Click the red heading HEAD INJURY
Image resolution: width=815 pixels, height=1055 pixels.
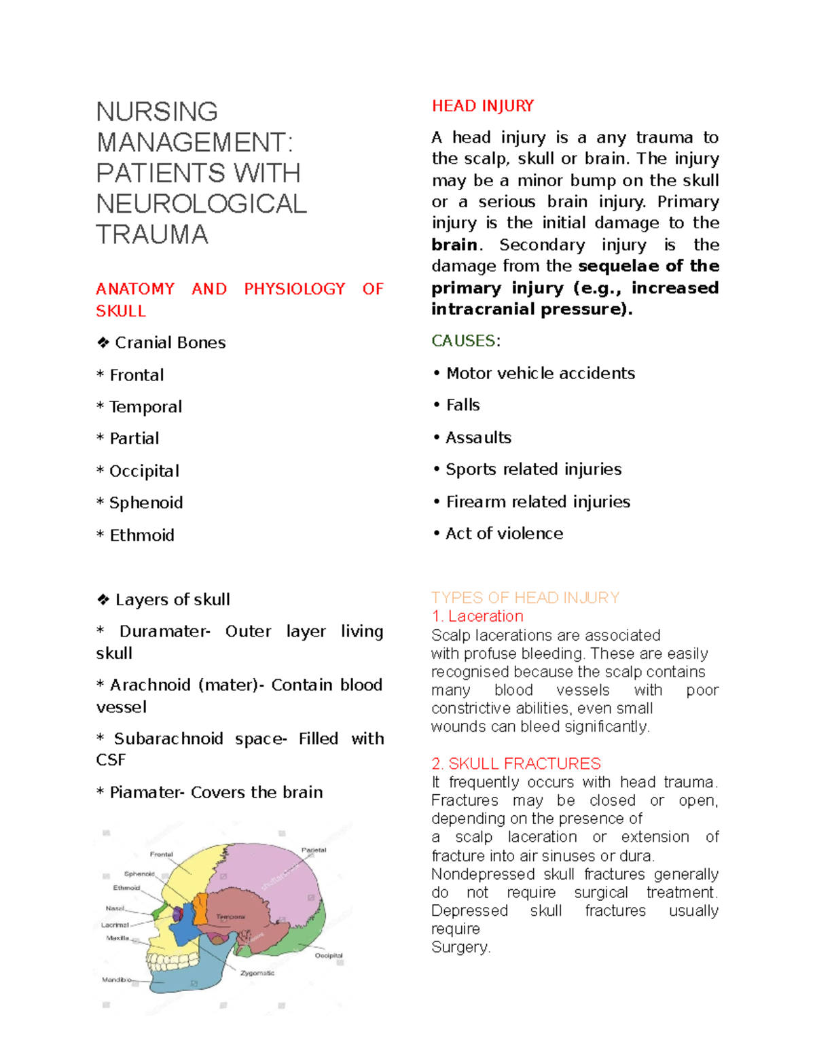(482, 106)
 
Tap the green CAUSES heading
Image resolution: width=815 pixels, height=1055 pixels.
(464, 340)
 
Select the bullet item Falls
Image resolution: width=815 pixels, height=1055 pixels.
(463, 405)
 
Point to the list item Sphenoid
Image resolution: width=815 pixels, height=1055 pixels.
(146, 503)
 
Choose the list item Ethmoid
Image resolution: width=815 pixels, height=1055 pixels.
(142, 535)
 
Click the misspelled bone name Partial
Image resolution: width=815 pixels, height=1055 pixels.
(134, 439)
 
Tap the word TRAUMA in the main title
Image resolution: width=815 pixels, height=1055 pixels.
(152, 234)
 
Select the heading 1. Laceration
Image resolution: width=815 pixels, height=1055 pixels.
(477, 616)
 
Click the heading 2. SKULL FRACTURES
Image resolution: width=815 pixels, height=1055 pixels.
(516, 764)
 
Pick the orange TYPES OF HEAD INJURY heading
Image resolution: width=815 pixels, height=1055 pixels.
(525, 598)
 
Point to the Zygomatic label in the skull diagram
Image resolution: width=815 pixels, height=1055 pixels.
(257, 973)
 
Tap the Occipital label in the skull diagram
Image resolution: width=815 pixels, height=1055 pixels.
(329, 955)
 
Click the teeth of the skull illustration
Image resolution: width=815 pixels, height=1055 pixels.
(173, 962)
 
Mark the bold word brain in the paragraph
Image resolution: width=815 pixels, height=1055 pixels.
(454, 245)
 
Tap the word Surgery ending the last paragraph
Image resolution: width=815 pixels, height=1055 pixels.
(459, 947)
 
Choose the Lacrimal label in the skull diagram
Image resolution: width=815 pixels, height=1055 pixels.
(115, 925)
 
